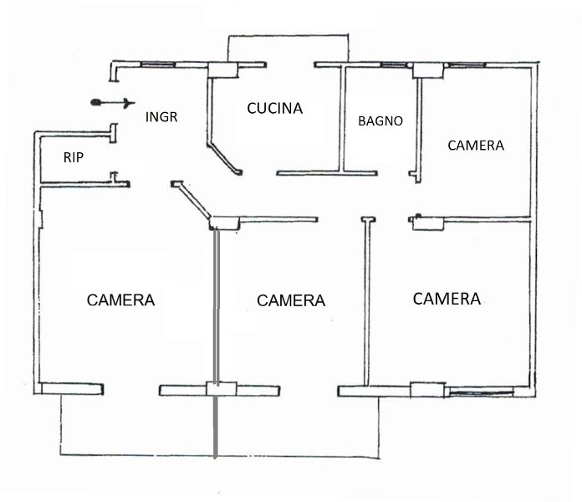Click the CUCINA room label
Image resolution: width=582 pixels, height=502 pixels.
(274, 108)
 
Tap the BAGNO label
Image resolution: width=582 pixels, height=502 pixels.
(380, 120)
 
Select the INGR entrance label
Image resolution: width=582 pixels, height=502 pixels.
(161, 116)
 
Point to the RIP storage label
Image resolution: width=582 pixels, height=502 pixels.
(73, 157)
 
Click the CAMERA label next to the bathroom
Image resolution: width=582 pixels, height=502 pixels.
(476, 146)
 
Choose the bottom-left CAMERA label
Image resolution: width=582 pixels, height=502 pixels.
(120, 300)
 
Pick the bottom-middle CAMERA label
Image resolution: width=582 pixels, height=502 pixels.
(291, 300)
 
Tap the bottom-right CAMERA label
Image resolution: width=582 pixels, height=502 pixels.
(447, 299)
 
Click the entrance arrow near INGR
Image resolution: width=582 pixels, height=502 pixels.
(112, 102)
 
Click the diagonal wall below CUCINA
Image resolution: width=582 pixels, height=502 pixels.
(225, 158)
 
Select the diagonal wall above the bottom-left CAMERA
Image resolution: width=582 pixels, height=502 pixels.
(191, 200)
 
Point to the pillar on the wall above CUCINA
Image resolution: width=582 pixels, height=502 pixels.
(222, 69)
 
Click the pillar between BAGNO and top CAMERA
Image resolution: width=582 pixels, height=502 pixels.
(428, 70)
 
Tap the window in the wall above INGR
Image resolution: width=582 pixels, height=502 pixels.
(158, 64)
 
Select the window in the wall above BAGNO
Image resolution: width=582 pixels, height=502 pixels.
(395, 65)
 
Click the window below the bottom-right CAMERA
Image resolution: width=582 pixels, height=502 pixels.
(482, 391)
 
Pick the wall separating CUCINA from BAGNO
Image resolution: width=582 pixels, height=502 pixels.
(343, 119)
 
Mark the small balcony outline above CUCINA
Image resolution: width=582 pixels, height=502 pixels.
(288, 48)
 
